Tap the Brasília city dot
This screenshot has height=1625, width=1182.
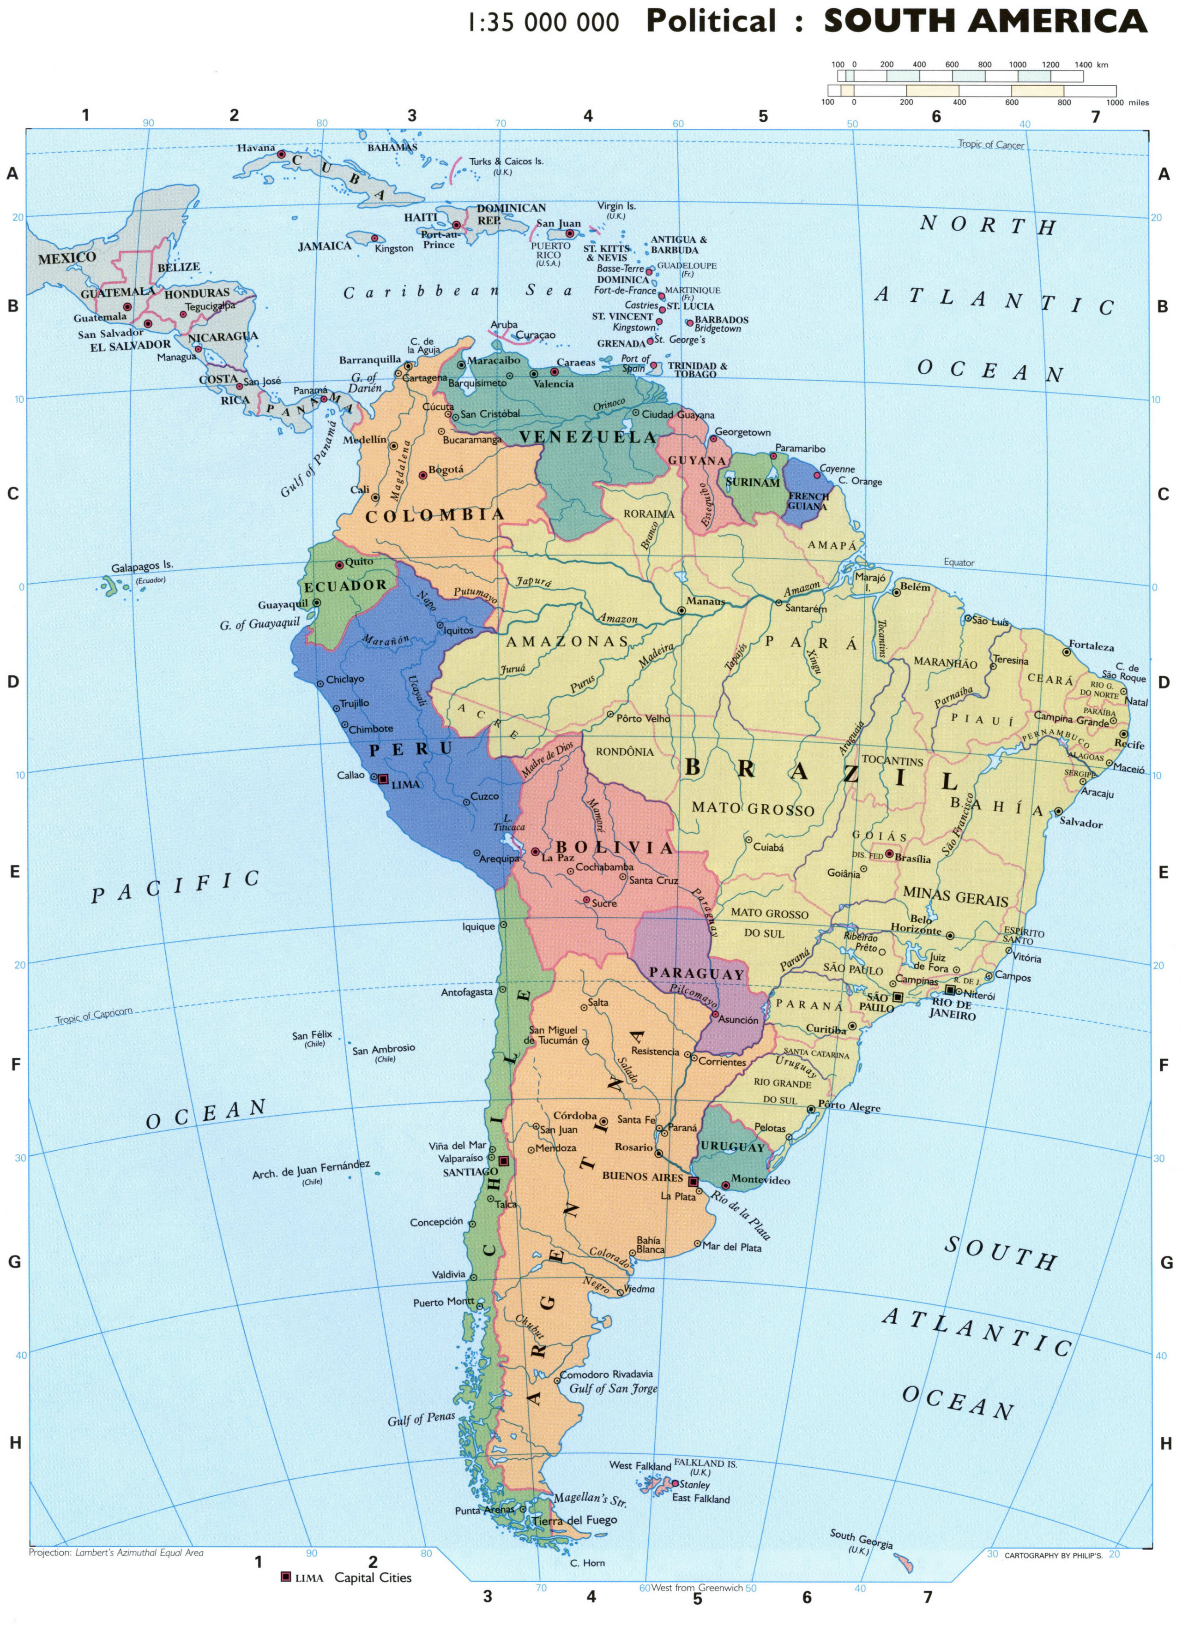[x=889, y=854]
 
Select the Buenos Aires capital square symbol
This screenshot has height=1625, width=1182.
[x=693, y=1181]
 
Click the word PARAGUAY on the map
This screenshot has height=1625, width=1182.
[x=696, y=974]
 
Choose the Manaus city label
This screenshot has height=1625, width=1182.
[x=706, y=601]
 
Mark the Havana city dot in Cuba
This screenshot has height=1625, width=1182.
[x=282, y=154]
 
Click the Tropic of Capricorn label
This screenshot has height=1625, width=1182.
[x=94, y=1016]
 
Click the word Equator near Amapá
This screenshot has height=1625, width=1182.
[x=959, y=562]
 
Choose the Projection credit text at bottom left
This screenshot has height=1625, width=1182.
[x=116, y=1553]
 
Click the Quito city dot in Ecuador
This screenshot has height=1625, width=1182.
[x=340, y=563]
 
